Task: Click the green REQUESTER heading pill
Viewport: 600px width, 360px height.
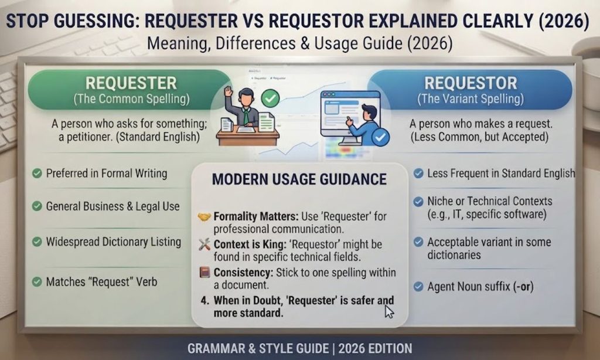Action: [x=129, y=90]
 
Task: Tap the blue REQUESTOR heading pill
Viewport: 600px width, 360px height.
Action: [x=470, y=90]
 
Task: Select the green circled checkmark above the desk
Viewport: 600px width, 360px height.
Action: [x=270, y=98]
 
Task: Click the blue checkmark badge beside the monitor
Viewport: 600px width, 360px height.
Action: [x=380, y=137]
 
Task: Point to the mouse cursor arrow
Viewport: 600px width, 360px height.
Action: [x=389, y=312]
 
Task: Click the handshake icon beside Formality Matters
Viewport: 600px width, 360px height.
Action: [x=204, y=217]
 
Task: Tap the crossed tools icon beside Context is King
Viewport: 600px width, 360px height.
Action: [x=204, y=244]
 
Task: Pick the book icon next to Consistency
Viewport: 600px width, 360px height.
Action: [x=204, y=272]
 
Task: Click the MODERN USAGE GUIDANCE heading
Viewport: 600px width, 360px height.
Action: [x=299, y=179]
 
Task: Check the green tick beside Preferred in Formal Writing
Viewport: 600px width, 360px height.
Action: [x=37, y=174]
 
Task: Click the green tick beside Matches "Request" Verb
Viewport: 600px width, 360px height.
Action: [x=37, y=282]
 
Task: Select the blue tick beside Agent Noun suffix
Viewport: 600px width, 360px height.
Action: [x=418, y=287]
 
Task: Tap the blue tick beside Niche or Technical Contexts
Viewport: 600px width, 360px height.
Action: [x=418, y=202]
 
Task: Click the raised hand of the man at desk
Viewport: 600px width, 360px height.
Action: [x=229, y=91]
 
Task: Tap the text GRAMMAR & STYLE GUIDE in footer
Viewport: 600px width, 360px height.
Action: [x=258, y=348]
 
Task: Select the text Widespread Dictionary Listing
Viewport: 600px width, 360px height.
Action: [x=113, y=242]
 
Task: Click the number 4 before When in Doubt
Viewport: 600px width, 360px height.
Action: [x=204, y=300]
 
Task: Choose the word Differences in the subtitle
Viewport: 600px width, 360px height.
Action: [x=255, y=43]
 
